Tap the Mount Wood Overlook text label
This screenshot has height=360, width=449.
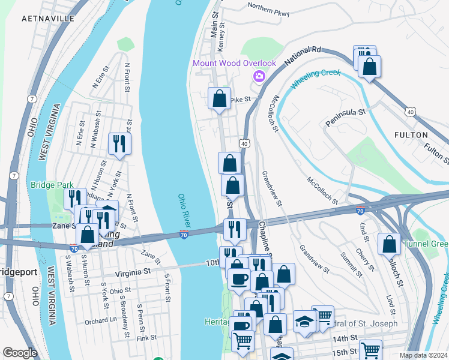click(x=234, y=64)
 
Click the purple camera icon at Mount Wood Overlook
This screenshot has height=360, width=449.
click(x=259, y=76)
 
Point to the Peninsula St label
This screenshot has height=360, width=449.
click(x=345, y=112)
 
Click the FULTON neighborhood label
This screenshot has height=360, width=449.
click(x=411, y=135)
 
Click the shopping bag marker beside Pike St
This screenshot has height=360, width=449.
click(x=220, y=98)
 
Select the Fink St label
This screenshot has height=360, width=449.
click(x=146, y=338)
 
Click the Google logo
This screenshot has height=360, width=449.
click(x=20, y=353)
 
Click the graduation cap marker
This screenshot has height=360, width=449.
click(x=304, y=321)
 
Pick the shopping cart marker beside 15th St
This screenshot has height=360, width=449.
click(x=370, y=350)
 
